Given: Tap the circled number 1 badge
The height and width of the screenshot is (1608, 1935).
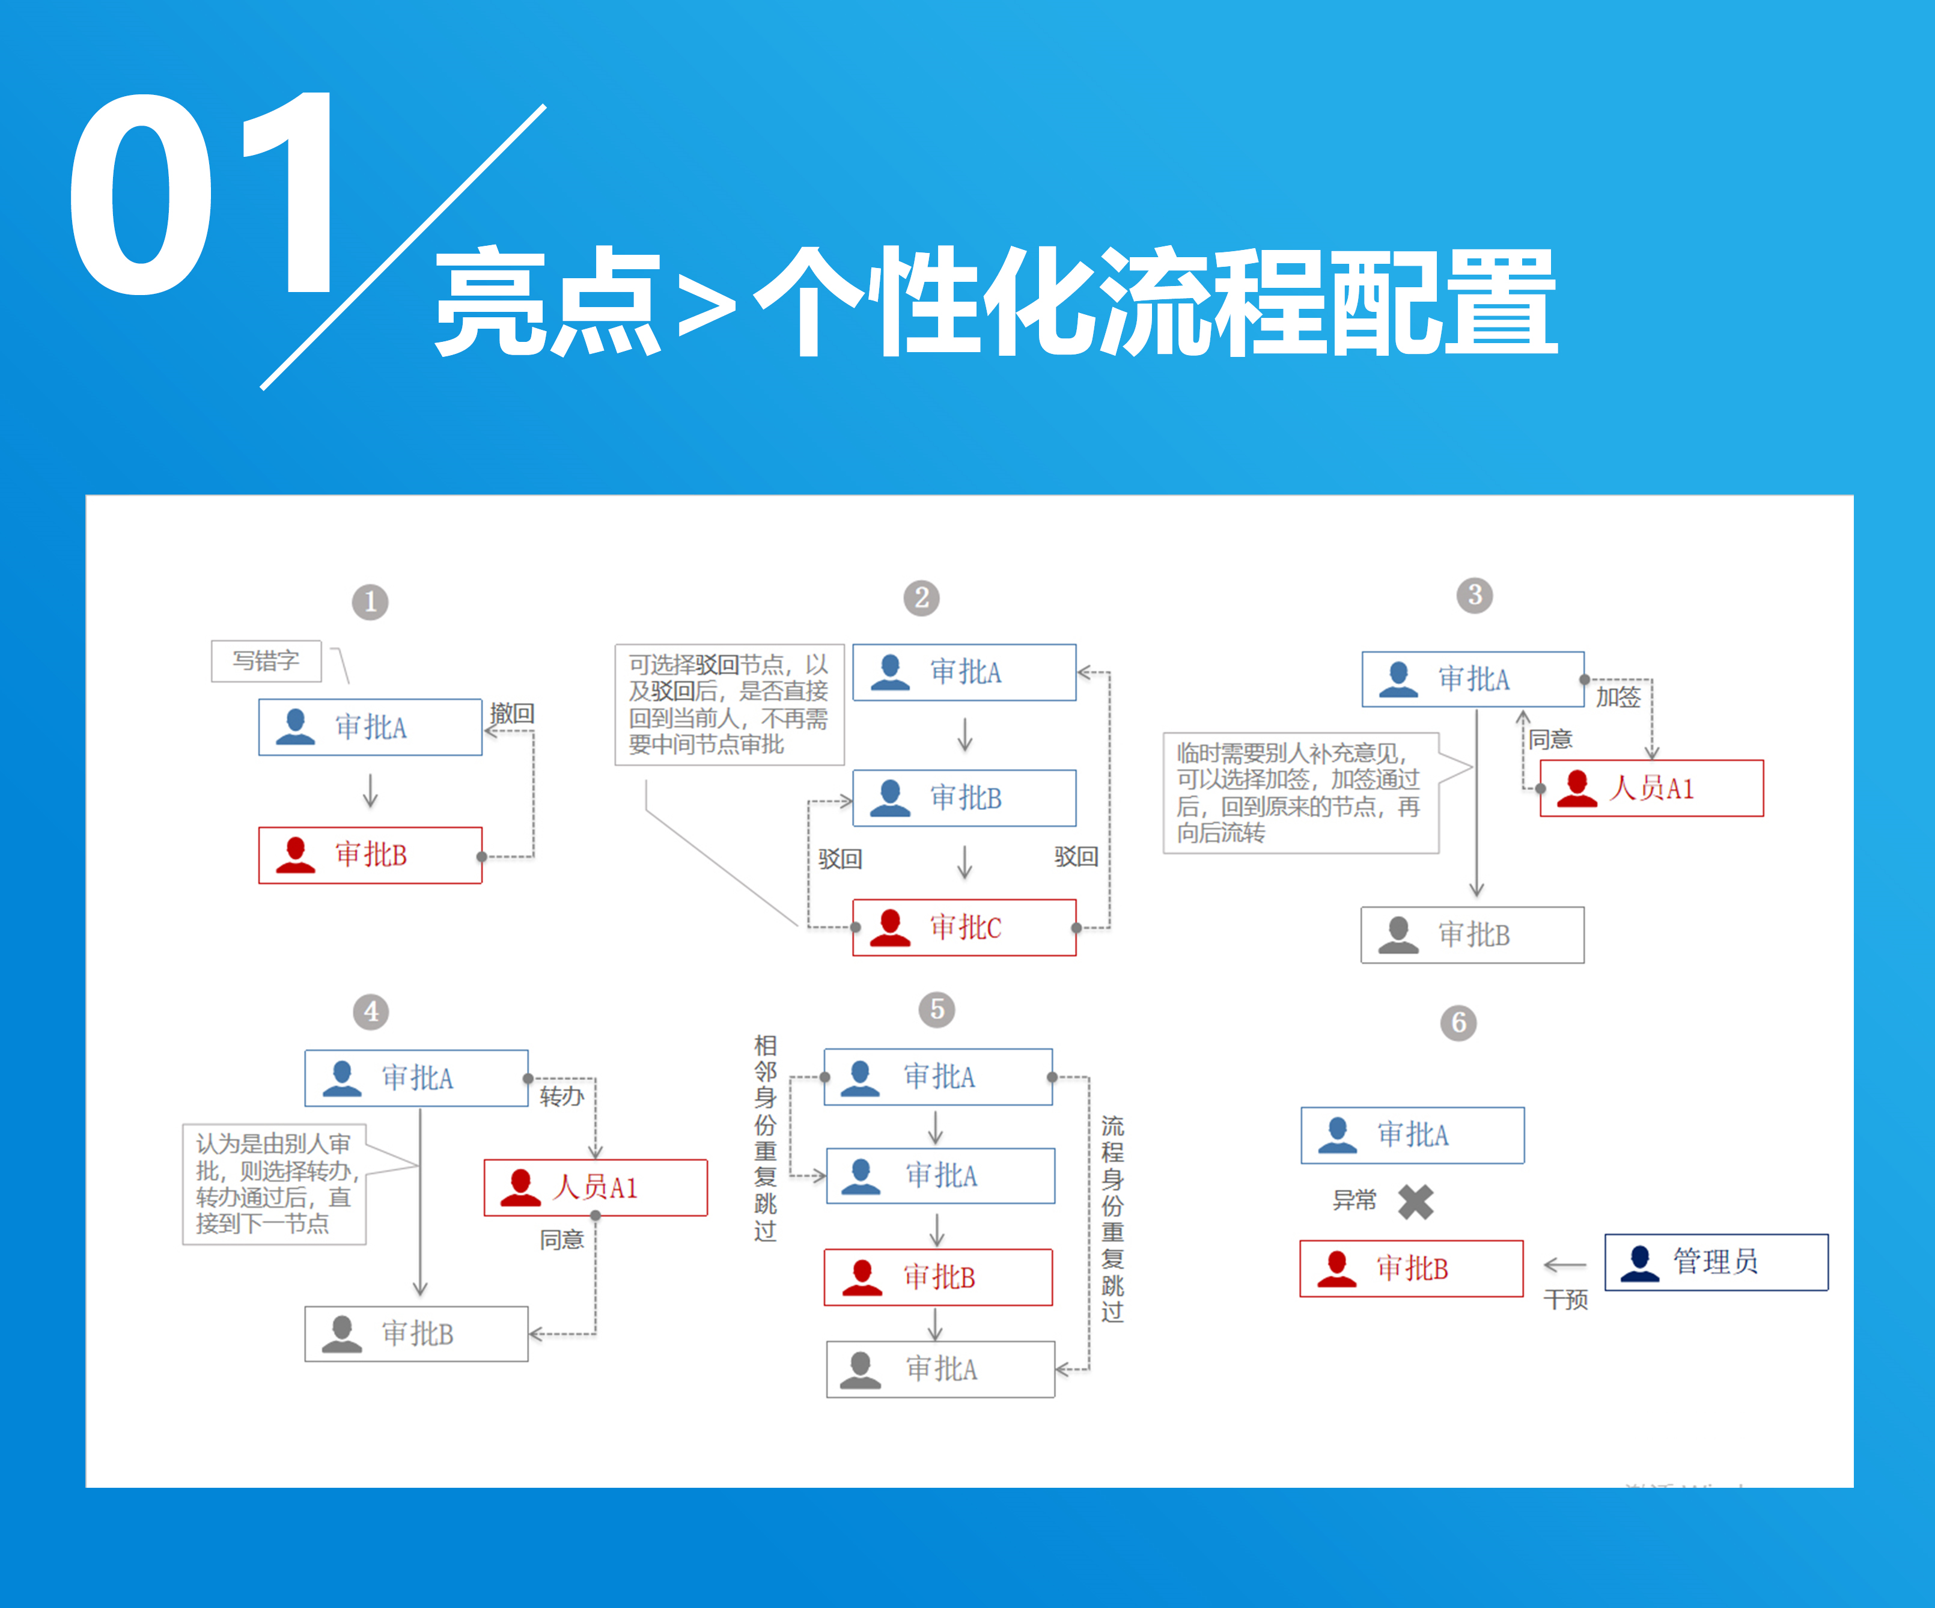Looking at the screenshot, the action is click(x=370, y=603).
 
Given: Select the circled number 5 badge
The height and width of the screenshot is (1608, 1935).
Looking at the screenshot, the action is click(x=937, y=1009).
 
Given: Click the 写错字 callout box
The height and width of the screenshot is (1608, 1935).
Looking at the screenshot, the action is click(x=266, y=661).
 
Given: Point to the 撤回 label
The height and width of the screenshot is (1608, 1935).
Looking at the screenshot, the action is click(x=513, y=713).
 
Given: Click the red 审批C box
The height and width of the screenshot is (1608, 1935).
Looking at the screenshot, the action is click(x=964, y=927).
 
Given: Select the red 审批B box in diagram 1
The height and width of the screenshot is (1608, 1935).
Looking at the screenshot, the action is click(x=370, y=855).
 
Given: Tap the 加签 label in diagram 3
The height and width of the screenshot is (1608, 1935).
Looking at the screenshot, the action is click(x=1619, y=696).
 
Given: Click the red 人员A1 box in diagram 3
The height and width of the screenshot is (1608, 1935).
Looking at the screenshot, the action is click(x=1652, y=788).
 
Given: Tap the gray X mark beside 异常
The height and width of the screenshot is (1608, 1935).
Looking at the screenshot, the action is click(x=1416, y=1202).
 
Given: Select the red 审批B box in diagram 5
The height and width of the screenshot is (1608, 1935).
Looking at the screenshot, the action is click(x=938, y=1277).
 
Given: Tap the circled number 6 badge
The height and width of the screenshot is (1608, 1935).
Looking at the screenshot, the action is click(x=1458, y=1023).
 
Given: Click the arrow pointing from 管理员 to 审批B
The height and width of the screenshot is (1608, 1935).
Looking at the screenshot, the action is click(x=1565, y=1264).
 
